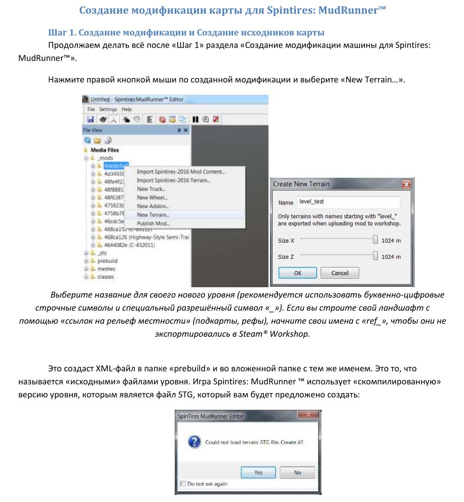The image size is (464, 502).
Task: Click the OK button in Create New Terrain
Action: coord(297,273)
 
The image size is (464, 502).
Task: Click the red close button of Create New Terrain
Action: coord(405,184)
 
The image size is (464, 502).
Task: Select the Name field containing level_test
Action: coord(348,202)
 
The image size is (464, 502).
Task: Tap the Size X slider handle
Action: coord(375,240)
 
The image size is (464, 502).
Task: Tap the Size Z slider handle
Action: coord(375,256)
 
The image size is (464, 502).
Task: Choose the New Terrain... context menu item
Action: coord(153,215)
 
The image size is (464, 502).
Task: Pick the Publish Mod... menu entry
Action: coord(153,223)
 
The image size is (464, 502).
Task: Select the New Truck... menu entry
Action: coord(151,189)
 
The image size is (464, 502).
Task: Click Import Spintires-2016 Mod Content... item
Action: coord(181,172)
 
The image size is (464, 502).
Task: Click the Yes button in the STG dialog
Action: coord(258,472)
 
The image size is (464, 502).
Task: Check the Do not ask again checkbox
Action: coord(183,484)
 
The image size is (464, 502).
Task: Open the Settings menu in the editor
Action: coord(108,109)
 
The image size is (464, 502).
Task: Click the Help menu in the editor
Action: coord(127,109)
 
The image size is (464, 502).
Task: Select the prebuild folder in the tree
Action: coord(107,261)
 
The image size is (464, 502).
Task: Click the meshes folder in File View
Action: coord(106,269)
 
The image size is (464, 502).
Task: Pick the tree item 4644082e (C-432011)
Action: coord(129,245)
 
